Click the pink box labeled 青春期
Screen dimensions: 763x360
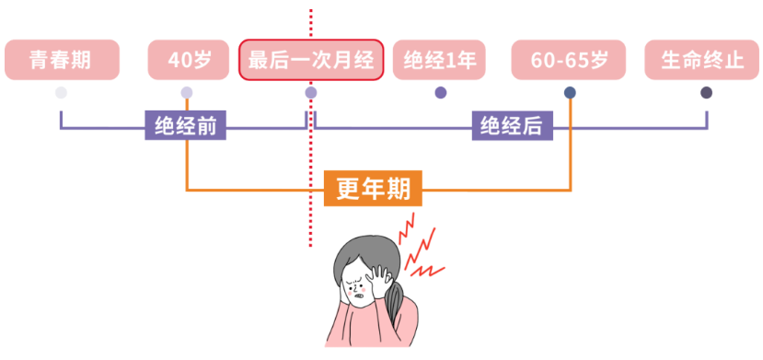coord(62,59)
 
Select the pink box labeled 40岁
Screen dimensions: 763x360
coord(189,59)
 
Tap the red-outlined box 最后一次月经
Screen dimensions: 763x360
coord(311,59)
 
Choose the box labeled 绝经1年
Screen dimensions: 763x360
coord(439,59)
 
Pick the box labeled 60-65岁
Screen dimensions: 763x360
coord(569,59)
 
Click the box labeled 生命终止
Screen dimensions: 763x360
coord(701,59)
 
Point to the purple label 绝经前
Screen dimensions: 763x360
coord(185,125)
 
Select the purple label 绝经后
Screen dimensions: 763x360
coord(513,125)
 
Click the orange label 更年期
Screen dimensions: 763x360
coord(374,188)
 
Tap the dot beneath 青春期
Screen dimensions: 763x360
coord(61,92)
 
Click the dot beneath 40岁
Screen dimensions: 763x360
coord(187,92)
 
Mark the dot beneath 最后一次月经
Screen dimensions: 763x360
coord(311,92)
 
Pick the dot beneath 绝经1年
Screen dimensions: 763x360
coord(441,92)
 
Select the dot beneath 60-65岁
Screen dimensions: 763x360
coord(570,92)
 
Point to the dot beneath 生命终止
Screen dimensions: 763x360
coord(707,92)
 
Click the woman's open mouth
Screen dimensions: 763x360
coord(361,295)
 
